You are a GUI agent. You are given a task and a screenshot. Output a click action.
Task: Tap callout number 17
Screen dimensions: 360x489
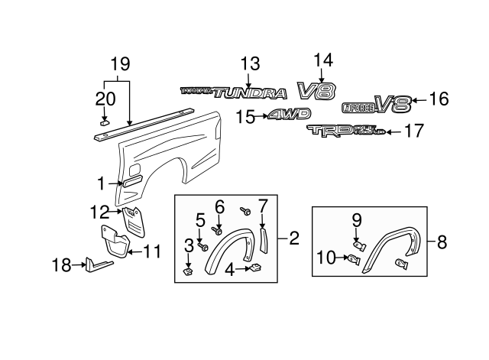[413, 132]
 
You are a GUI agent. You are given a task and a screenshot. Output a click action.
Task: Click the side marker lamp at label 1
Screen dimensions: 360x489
[131, 182]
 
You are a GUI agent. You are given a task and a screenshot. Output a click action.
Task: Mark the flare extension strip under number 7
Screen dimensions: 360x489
[264, 239]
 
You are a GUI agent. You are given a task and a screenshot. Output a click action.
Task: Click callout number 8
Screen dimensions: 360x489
[442, 242]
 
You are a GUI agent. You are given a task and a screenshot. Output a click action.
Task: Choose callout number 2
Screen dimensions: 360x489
[294, 238]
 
